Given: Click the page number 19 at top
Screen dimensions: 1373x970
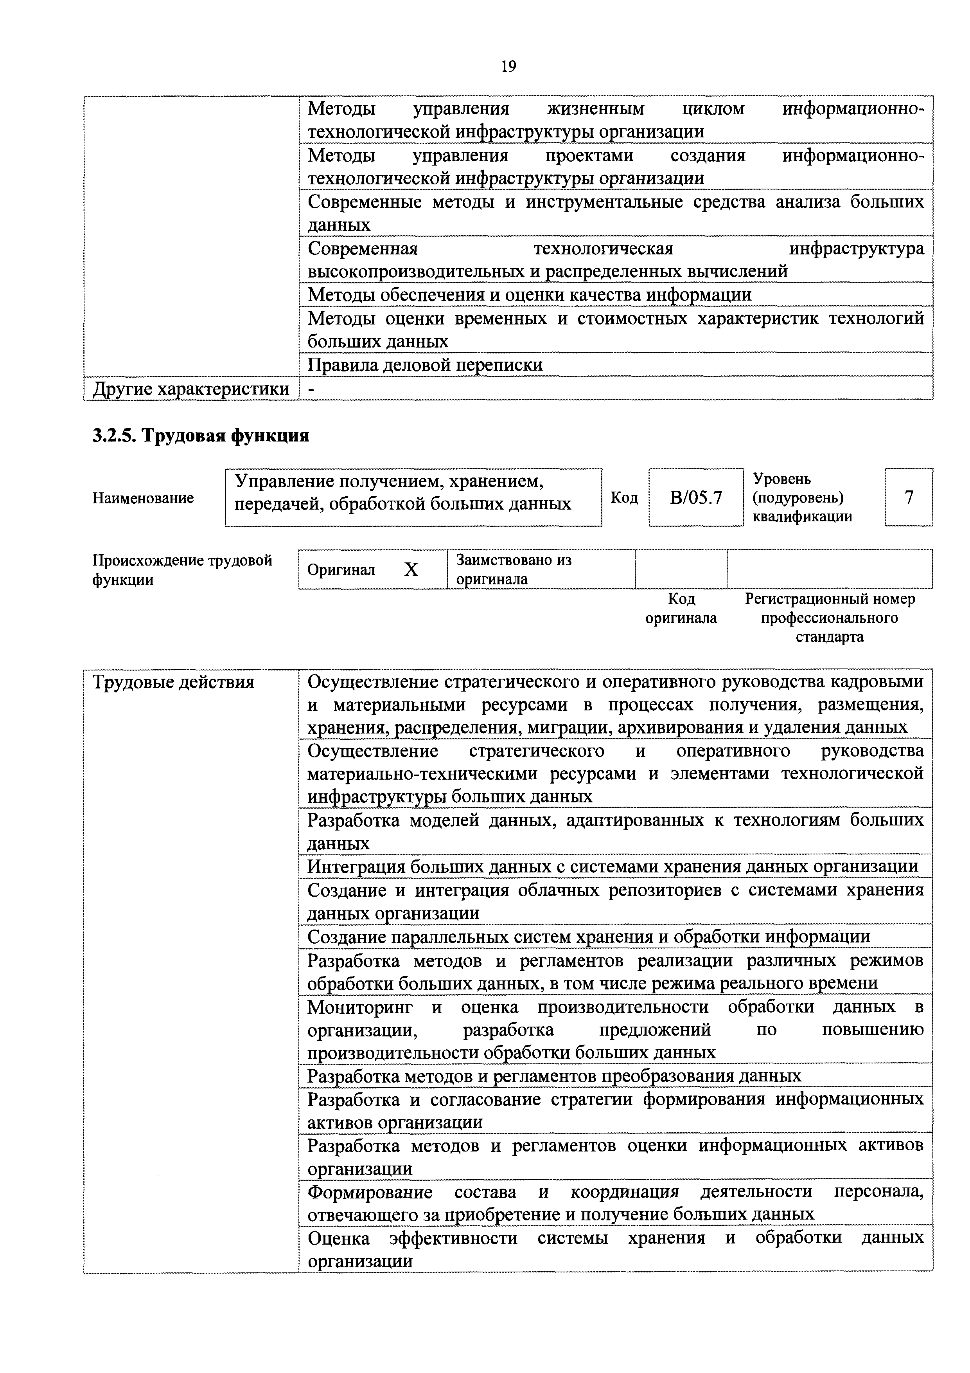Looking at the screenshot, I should pos(508,67).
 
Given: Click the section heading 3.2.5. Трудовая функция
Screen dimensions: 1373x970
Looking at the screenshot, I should pos(200,435).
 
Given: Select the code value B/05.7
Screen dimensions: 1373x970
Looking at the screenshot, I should pos(696,497).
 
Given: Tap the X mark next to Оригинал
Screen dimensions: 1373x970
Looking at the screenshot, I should pos(411,570).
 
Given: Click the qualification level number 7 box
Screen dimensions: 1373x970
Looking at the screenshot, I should pos(909,497).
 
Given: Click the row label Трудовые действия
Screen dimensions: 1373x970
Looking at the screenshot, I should pos(173,682).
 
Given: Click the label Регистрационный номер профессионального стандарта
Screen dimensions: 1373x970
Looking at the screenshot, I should pos(830,617).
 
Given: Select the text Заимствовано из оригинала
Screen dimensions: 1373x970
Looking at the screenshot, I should pos(514,569).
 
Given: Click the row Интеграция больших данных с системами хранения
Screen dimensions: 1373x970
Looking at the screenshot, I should pos(612,867).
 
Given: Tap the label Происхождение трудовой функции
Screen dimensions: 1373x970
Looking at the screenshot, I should pos(182,570).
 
